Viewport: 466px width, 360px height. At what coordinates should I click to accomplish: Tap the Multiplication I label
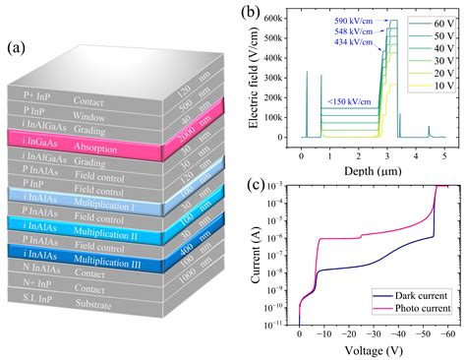(x=130, y=196)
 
